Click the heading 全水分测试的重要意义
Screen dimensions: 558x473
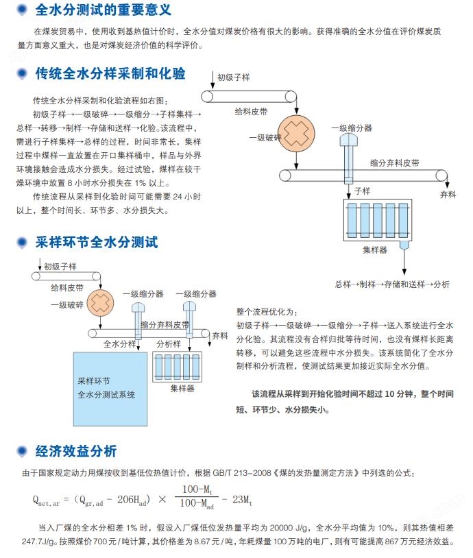[103, 10]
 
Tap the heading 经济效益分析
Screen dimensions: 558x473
[76, 451]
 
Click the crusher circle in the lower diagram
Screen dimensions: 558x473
[100, 301]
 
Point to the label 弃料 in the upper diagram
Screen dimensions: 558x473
[448, 195]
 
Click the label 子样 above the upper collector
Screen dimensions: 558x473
[361, 190]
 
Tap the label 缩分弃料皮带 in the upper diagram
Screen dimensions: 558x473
[394, 163]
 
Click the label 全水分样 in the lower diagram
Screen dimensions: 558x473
[120, 344]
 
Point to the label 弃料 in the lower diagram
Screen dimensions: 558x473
[219, 336]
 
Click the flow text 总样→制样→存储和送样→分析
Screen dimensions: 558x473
[392, 284]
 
